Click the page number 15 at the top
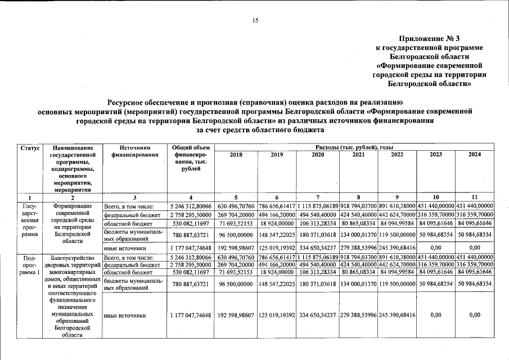[x=255, y=21]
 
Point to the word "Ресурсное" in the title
[x=133, y=102]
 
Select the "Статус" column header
[x=30, y=147]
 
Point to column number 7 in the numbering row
[x=318, y=197]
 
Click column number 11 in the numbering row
[x=475, y=197]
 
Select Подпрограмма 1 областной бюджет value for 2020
[x=318, y=272]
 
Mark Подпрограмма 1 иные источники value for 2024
[x=475, y=315]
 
